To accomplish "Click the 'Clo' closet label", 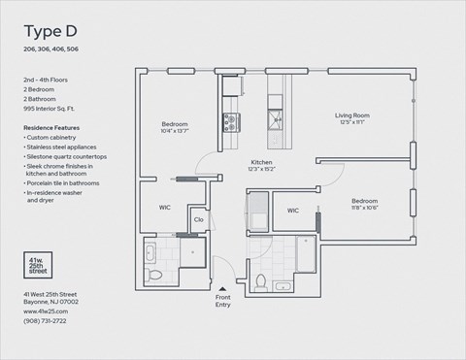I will [198, 220].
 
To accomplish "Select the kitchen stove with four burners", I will [232, 121].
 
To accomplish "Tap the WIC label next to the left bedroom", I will [165, 208].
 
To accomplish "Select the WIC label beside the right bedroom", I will [292, 210].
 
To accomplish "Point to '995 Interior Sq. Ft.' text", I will [57, 110].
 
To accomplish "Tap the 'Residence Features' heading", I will [51, 128].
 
